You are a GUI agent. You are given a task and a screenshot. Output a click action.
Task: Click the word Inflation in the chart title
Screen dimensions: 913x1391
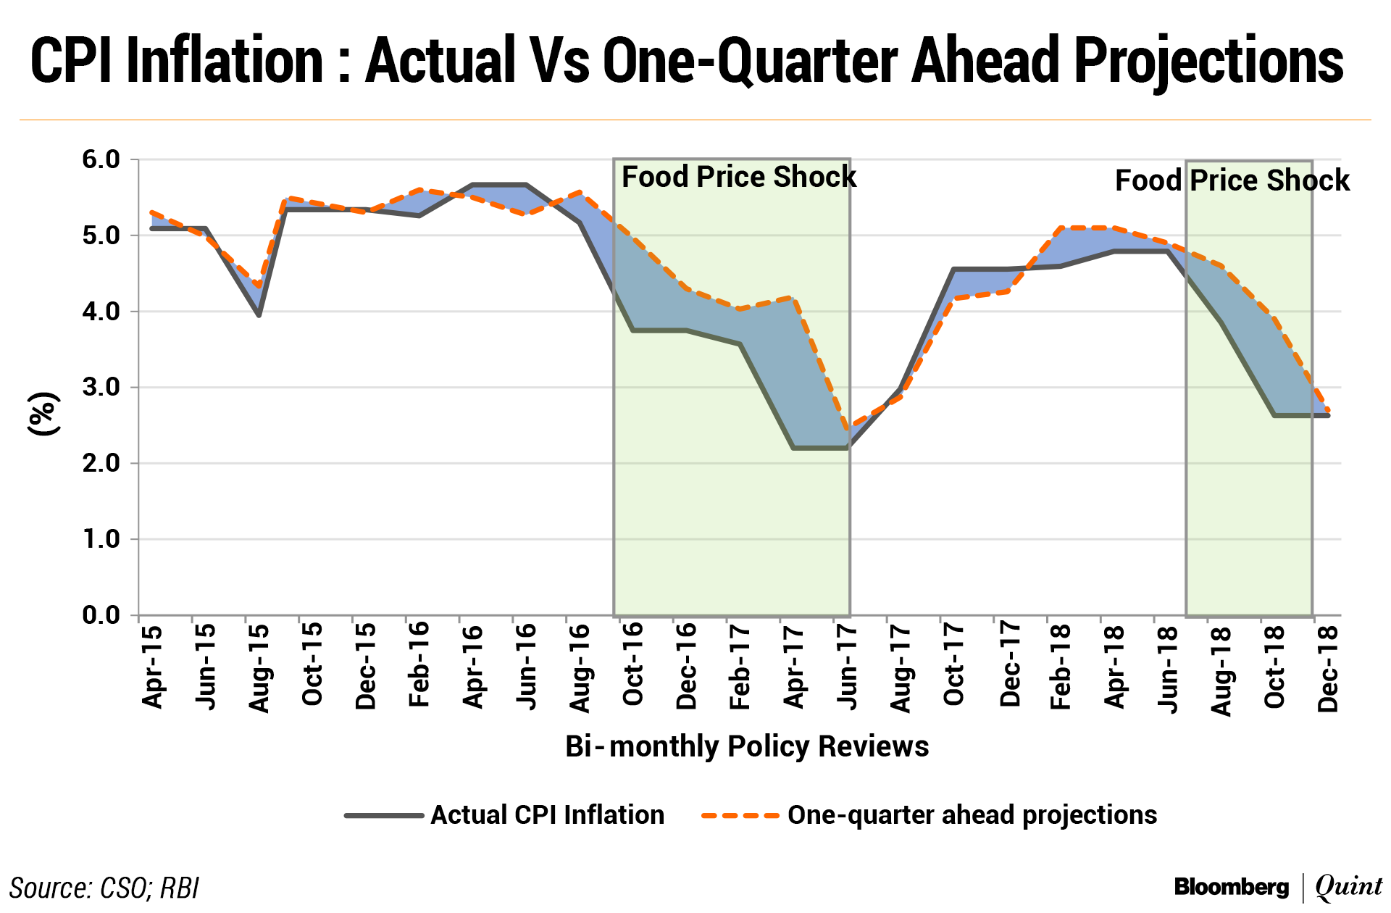click(x=225, y=61)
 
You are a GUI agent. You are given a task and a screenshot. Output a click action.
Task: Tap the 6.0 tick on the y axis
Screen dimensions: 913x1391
click(x=101, y=159)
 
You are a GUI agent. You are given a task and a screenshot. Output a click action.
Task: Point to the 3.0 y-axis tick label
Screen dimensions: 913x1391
click(x=101, y=387)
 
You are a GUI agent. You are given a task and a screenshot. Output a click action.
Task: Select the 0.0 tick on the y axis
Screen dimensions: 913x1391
click(x=101, y=615)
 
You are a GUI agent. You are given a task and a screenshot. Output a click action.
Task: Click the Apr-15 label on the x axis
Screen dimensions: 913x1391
click(x=152, y=667)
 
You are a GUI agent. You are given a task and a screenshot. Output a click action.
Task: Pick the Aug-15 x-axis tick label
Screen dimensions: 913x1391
click(x=259, y=668)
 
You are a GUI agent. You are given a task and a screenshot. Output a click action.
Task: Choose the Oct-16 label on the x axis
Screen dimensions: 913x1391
click(x=632, y=665)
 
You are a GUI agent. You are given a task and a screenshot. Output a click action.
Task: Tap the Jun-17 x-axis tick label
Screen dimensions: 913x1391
click(x=846, y=667)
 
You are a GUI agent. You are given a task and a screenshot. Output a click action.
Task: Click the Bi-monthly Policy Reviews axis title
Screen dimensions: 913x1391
click(x=747, y=746)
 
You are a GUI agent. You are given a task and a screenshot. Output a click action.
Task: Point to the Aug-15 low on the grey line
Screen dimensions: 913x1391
click(x=259, y=315)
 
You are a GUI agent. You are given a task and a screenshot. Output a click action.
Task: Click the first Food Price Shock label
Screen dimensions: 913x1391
click(x=739, y=177)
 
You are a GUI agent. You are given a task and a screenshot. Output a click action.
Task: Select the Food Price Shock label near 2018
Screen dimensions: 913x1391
click(x=1232, y=180)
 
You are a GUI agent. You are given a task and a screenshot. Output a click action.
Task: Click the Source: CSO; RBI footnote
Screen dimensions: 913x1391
click(x=104, y=888)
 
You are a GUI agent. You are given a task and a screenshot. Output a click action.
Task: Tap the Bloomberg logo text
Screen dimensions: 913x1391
click(x=1232, y=887)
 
